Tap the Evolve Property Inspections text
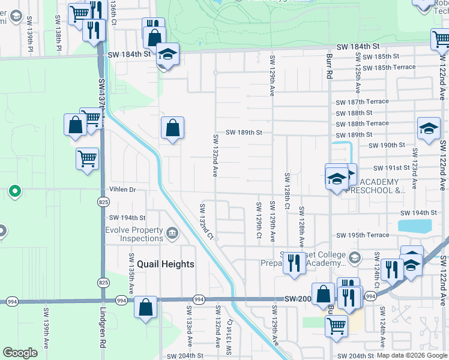134,235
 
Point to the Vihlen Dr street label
123,190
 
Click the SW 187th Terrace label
362,102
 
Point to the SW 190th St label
387,145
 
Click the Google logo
20,353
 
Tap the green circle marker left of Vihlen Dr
16,192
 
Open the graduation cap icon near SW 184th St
168,54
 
